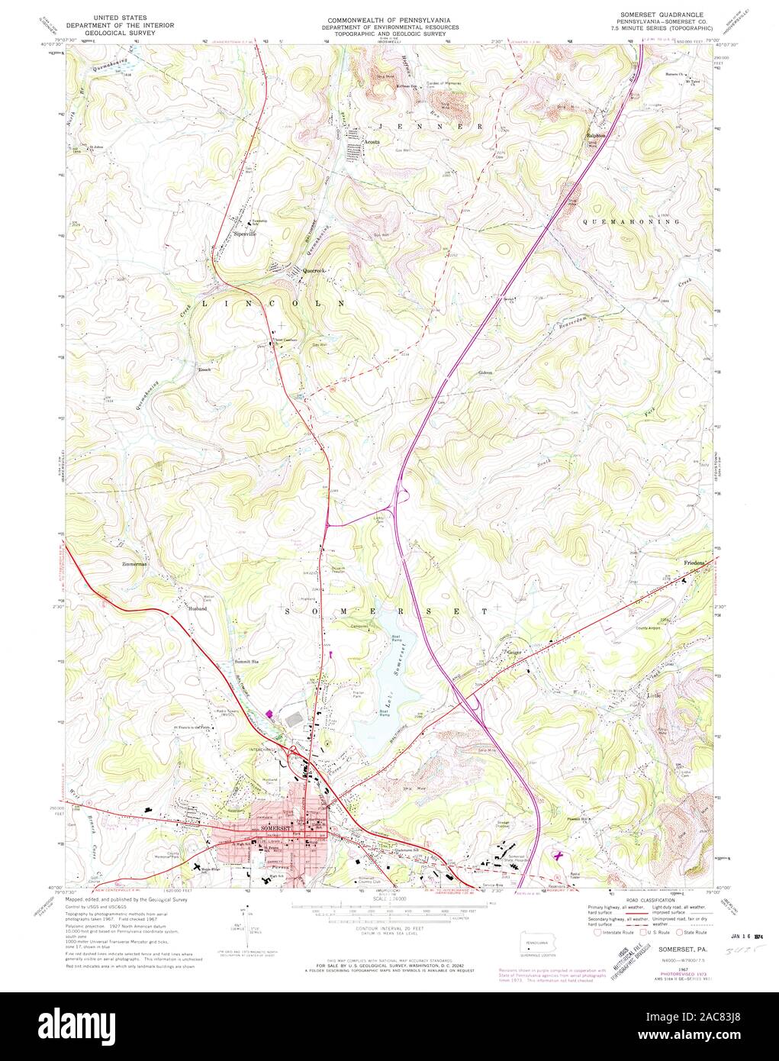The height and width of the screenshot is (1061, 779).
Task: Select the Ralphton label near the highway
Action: tap(596, 137)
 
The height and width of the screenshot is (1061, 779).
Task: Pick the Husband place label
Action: tap(197, 608)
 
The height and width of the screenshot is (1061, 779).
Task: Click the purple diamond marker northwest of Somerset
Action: tap(269, 714)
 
